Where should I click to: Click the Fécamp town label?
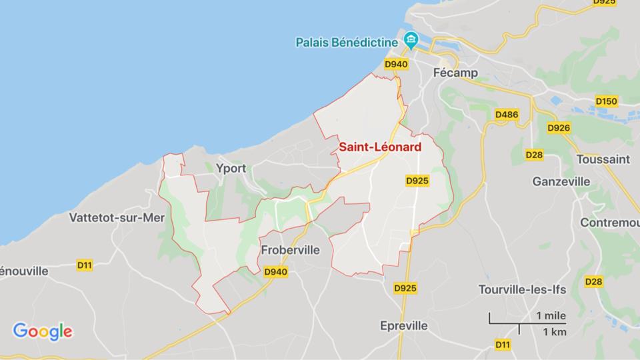coord(455,73)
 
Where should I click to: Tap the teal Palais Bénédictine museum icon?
coord(411,41)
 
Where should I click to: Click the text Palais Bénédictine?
coord(347,42)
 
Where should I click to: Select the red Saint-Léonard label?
coord(380,147)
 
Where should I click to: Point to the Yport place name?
coord(231,169)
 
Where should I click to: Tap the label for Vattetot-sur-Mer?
coord(117,217)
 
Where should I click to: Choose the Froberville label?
coord(291,251)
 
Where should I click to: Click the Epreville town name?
coord(403,326)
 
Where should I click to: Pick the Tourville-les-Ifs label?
coord(522,289)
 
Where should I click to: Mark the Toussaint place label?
coord(603,159)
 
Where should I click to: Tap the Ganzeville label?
coord(561,181)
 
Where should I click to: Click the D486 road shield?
coord(507,115)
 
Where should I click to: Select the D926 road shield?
coord(559,127)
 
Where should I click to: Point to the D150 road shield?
coord(607,101)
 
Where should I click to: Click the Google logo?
coord(43,331)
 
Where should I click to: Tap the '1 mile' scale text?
coord(551,315)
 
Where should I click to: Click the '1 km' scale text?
coord(554,332)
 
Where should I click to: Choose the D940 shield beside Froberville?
coord(275,272)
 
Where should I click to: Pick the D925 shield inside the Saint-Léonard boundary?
coord(417,181)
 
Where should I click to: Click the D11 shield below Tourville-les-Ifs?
coord(503,344)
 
